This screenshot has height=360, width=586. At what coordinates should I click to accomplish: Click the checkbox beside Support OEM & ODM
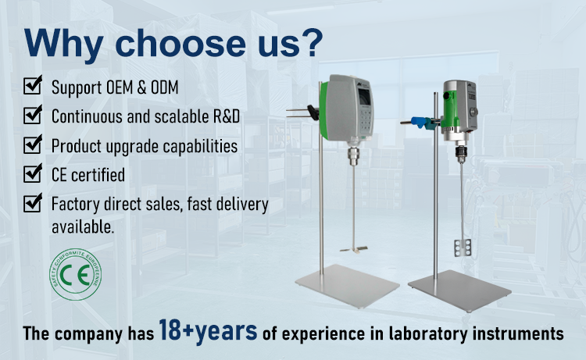[33, 85]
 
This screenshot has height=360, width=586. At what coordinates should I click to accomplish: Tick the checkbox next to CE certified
[33, 173]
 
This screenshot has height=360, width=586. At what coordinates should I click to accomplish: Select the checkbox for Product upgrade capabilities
[33, 144]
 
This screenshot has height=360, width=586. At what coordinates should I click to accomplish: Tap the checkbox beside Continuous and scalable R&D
[33, 114]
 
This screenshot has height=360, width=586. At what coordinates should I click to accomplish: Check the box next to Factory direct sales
[33, 203]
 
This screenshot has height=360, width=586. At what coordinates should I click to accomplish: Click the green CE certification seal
[75, 274]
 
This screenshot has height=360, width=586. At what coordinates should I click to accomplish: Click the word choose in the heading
[180, 44]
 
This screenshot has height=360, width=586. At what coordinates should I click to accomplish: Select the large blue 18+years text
[208, 331]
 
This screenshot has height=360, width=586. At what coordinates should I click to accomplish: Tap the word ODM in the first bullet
[164, 87]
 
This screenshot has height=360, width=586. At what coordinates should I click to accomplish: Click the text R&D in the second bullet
[227, 116]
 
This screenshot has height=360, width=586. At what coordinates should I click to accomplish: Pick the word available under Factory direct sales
[83, 226]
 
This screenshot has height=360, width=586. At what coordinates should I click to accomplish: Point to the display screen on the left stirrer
[364, 97]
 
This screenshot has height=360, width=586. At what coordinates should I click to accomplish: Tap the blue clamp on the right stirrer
[420, 122]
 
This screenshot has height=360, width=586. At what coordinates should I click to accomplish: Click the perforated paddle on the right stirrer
[463, 248]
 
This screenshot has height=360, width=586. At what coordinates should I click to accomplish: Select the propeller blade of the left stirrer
[353, 249]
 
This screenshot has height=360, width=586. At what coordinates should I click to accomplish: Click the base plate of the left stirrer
[347, 286]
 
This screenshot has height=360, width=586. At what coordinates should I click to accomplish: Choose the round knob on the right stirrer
[473, 112]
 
